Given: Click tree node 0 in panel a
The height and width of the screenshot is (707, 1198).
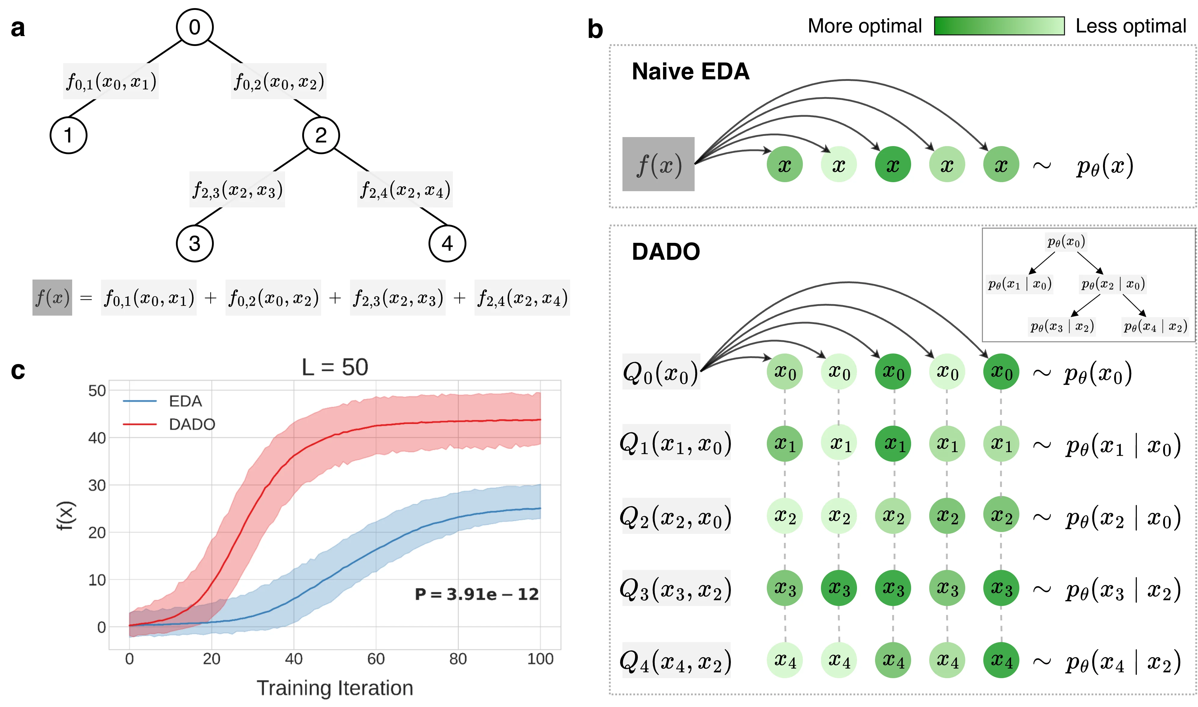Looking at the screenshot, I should tap(195, 27).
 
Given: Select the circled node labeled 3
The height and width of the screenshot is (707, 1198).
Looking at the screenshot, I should tap(195, 243).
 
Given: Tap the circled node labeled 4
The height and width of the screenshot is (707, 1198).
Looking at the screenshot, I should tap(447, 243).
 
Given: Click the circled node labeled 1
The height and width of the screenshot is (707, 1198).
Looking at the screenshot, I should tap(69, 135).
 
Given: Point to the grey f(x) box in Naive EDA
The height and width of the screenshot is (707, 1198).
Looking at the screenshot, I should tap(658, 164).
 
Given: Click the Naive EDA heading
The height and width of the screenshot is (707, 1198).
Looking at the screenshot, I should tap(690, 72).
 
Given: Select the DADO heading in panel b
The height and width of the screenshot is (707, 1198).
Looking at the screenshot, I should tap(666, 252).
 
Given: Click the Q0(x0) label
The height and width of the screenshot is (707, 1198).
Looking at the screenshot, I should tap(660, 372).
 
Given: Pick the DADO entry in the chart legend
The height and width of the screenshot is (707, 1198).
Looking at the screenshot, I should tap(192, 424).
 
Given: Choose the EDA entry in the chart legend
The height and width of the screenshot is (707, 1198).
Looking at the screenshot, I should tap(185, 401).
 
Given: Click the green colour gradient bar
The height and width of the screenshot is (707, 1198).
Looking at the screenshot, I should tap(999, 26).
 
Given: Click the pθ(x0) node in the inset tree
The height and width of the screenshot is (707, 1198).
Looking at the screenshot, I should tap(1066, 242).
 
